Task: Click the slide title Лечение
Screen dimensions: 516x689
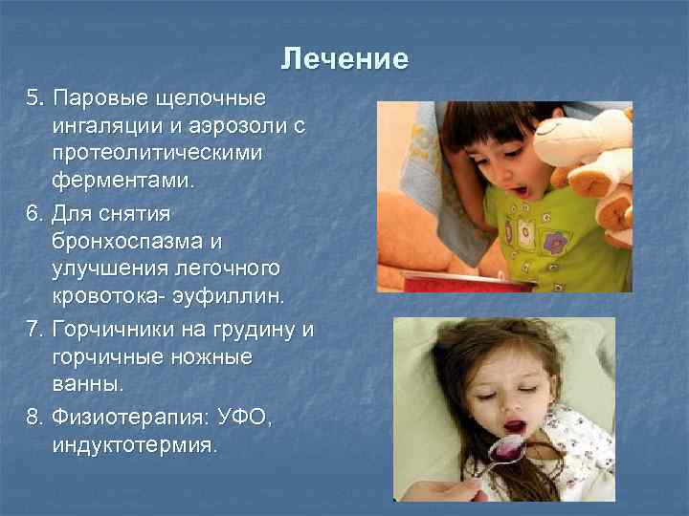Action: (x=344, y=59)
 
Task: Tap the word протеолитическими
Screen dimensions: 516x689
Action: (x=158, y=153)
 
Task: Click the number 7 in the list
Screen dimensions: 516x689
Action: (x=34, y=331)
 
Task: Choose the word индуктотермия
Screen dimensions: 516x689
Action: (x=134, y=444)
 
